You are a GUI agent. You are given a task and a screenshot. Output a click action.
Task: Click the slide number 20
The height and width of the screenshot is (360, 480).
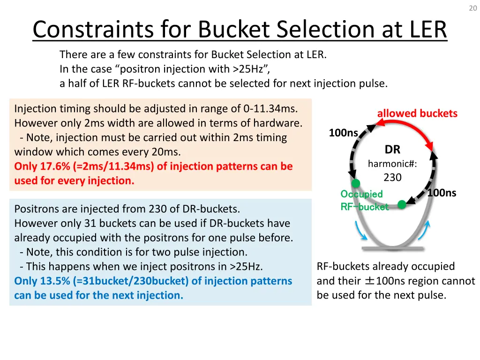click(x=472, y=8)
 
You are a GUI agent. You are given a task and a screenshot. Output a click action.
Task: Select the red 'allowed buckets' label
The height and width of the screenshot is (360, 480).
click(x=417, y=113)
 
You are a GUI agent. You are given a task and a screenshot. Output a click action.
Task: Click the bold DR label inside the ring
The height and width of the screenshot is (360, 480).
click(x=392, y=150)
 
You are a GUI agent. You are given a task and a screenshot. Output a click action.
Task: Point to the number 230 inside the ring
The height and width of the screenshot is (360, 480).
click(x=392, y=178)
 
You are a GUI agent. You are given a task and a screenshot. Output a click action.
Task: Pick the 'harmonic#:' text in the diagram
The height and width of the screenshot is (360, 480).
click(x=392, y=164)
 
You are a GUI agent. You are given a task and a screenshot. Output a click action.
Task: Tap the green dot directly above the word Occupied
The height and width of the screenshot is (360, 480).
click(x=356, y=183)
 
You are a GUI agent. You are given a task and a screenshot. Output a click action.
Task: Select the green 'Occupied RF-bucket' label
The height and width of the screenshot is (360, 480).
click(x=364, y=200)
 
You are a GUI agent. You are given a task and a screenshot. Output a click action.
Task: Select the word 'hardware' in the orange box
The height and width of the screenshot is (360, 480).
click(x=279, y=123)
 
